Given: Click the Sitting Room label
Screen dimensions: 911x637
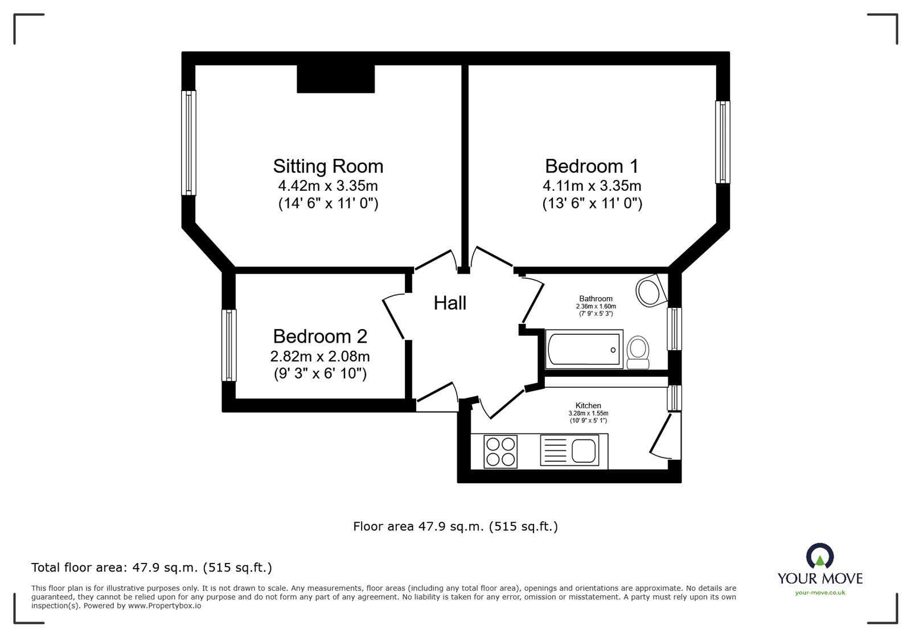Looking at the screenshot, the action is click(x=328, y=166).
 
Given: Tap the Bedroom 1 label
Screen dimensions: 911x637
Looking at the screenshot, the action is click(x=592, y=166).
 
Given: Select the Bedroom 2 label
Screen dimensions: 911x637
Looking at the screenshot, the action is click(x=320, y=336).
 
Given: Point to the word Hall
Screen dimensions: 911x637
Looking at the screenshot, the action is click(x=450, y=303).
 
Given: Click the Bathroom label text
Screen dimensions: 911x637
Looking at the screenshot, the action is click(x=596, y=299).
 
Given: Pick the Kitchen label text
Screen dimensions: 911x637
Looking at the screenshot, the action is click(x=588, y=405).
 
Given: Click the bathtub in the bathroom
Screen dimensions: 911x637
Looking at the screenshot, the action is click(x=584, y=349).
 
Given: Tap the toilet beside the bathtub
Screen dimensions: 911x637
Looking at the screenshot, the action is click(x=638, y=352).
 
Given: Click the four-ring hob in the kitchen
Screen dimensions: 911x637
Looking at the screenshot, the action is click(x=500, y=451).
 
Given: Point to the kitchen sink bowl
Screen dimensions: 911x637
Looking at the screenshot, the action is click(x=584, y=451).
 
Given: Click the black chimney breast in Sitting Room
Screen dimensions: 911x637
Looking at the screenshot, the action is click(x=335, y=79).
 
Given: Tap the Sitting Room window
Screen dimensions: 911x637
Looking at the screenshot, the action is click(x=188, y=143).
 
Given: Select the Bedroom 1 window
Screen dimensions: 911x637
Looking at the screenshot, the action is click(x=723, y=142).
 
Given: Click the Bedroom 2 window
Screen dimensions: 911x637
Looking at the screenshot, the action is click(x=229, y=345).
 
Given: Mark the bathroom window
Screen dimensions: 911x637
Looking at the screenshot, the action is click(x=674, y=328).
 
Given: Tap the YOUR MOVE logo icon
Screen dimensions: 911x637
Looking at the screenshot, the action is click(x=820, y=556).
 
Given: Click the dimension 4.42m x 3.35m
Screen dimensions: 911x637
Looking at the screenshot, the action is click(x=328, y=186).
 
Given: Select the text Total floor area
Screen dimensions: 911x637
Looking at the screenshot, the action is click(x=79, y=567).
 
